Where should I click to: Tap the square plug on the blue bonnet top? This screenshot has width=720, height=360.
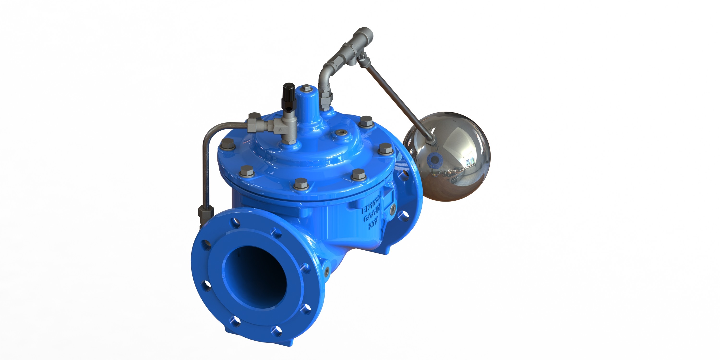(x=307, y=89)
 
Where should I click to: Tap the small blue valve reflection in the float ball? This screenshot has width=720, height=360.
(x=433, y=160)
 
